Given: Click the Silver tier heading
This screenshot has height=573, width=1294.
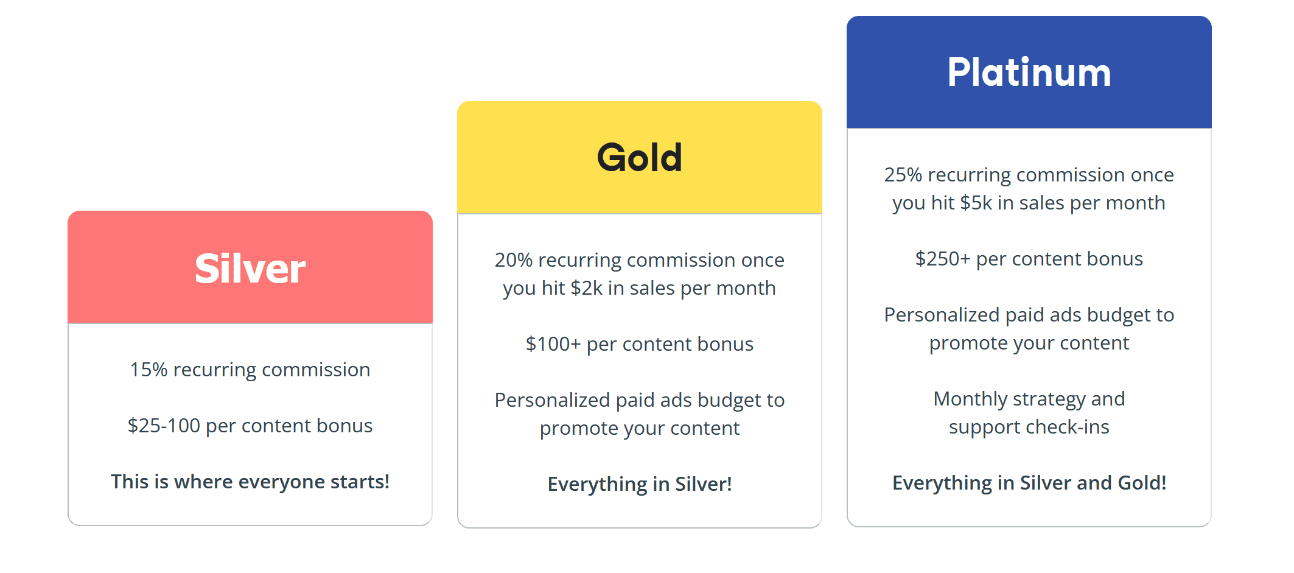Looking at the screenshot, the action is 250,268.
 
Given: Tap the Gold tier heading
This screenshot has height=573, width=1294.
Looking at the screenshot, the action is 640,157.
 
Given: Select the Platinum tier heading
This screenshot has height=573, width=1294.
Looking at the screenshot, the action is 1029,72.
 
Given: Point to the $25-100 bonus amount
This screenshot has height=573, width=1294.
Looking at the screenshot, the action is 164,426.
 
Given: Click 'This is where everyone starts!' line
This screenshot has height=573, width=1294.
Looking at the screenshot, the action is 250,482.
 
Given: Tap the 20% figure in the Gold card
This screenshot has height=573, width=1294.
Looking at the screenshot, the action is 514,260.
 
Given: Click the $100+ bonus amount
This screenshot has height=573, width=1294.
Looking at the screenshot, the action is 553,344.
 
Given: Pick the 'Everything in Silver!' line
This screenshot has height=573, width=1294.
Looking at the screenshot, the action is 640,484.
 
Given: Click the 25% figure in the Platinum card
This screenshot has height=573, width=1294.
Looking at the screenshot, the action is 903,175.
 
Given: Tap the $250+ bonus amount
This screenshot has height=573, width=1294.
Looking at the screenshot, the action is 943,259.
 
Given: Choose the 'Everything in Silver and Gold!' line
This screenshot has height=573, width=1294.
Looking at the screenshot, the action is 1029,483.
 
